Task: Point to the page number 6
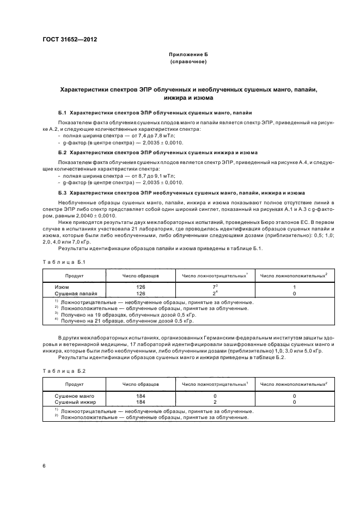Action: (x=44, y=465)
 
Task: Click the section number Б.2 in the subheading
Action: (x=62, y=153)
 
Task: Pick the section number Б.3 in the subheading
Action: (x=62, y=193)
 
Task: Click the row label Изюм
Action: (x=62, y=287)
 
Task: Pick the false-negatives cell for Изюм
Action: (x=215, y=287)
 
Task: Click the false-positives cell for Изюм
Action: (x=294, y=287)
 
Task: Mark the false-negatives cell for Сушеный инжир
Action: (x=215, y=402)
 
